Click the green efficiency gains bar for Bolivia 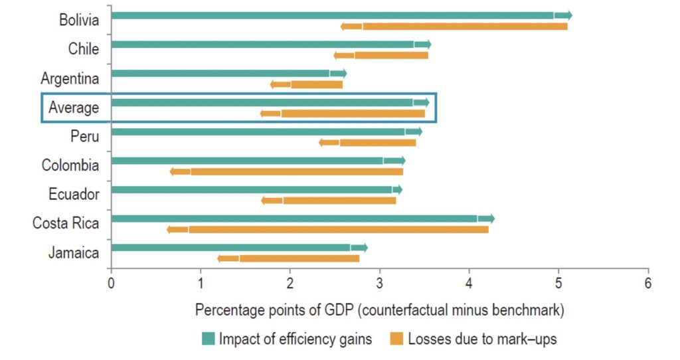[x=332, y=15]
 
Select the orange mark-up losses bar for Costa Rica [x=339, y=230]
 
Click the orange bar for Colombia [x=296, y=171]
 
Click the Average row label [x=73, y=108]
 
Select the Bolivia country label [x=78, y=20]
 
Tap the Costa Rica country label [x=66, y=223]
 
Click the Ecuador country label [x=74, y=194]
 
